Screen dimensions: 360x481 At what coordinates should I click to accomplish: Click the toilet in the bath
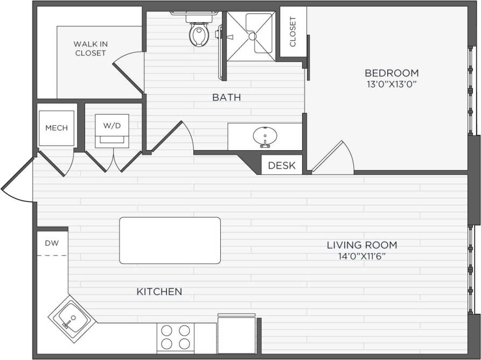(198, 33)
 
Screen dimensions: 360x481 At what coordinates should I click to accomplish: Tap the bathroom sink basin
(264, 136)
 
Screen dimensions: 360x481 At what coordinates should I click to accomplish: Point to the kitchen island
(170, 241)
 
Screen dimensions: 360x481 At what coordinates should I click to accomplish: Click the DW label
(52, 243)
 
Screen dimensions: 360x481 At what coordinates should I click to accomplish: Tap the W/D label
(112, 125)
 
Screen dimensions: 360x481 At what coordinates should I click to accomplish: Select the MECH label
(57, 128)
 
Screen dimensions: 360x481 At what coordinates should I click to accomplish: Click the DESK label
(282, 165)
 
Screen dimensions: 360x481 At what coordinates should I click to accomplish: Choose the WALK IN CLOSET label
(90, 48)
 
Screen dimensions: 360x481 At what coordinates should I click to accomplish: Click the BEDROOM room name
(392, 73)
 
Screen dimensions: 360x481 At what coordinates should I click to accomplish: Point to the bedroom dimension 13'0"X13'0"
(392, 84)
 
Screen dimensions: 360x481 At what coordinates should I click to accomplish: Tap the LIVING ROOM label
(362, 245)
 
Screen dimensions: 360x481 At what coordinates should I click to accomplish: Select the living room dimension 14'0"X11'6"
(362, 256)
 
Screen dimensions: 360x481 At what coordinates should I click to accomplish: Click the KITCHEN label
(159, 292)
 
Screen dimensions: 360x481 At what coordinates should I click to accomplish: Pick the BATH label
(226, 97)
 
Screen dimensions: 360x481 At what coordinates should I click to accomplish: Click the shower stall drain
(252, 36)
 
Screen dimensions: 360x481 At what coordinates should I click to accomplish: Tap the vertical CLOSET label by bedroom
(293, 32)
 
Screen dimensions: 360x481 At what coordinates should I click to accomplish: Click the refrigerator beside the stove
(236, 334)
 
